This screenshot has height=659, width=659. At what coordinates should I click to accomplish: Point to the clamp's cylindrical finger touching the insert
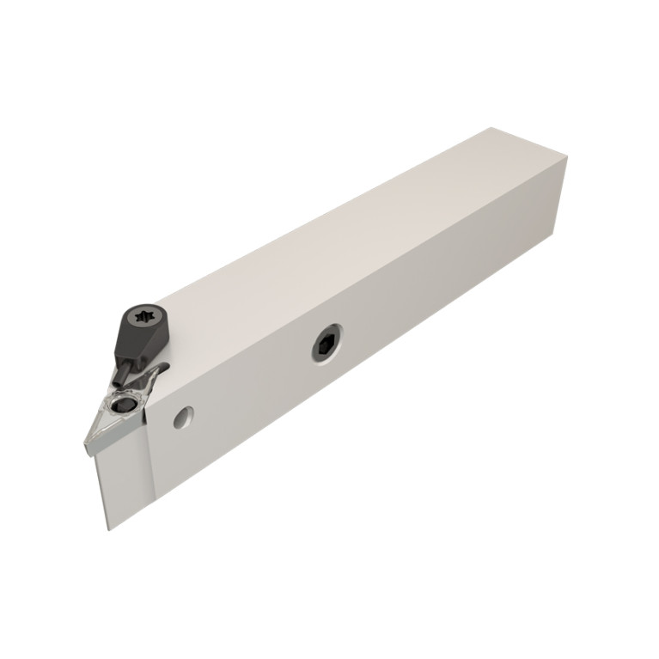click(127, 370)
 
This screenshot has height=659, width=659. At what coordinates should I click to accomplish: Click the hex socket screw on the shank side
click(326, 345)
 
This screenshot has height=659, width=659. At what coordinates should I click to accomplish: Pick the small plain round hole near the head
click(182, 417)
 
